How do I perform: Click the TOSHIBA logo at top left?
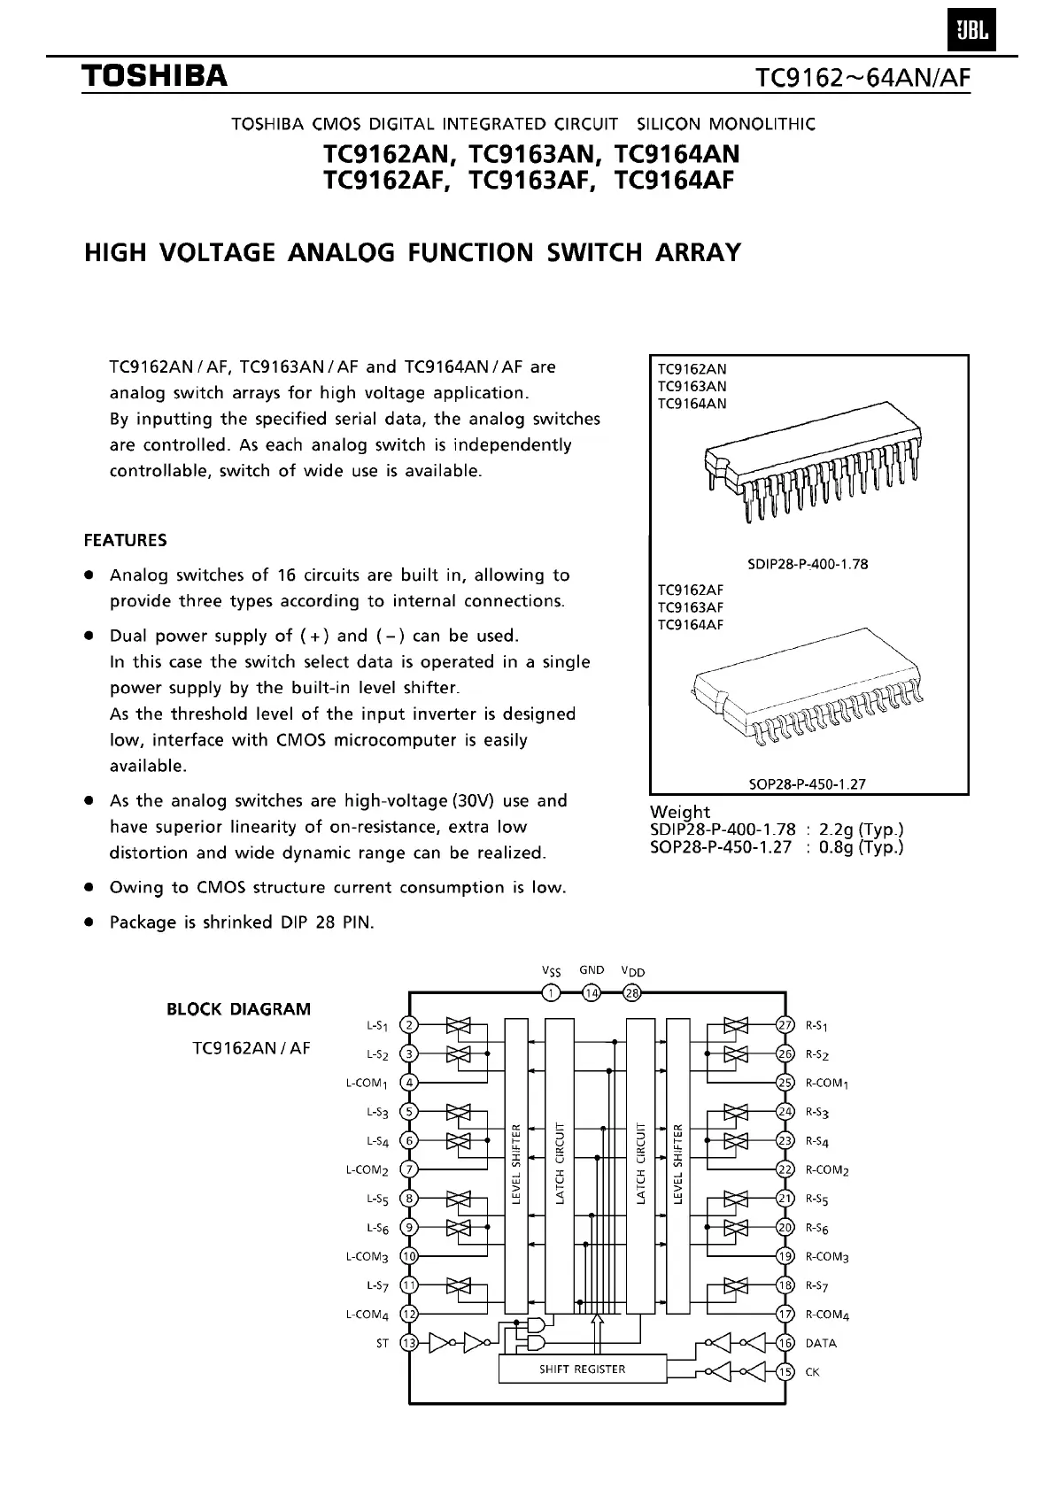click(x=156, y=77)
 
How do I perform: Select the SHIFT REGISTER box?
click(x=582, y=1369)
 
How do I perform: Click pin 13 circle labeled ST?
click(x=409, y=1343)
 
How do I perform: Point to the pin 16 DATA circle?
click(x=785, y=1343)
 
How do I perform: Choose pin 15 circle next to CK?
click(x=785, y=1372)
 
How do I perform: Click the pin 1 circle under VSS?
click(x=552, y=992)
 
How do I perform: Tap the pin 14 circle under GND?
click(x=592, y=992)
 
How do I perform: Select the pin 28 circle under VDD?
click(x=632, y=992)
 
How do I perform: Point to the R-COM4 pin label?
click(x=827, y=1315)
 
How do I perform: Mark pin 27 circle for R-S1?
click(x=785, y=1025)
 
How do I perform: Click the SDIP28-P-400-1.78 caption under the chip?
click(x=808, y=564)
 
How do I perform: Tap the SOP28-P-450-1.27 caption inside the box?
click(x=807, y=783)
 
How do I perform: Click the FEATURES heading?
click(x=125, y=540)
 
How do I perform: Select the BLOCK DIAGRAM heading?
click(x=239, y=1009)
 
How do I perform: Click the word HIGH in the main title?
click(x=115, y=253)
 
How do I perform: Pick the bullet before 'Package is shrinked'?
click(x=89, y=922)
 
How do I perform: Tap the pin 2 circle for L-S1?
click(x=409, y=1025)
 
